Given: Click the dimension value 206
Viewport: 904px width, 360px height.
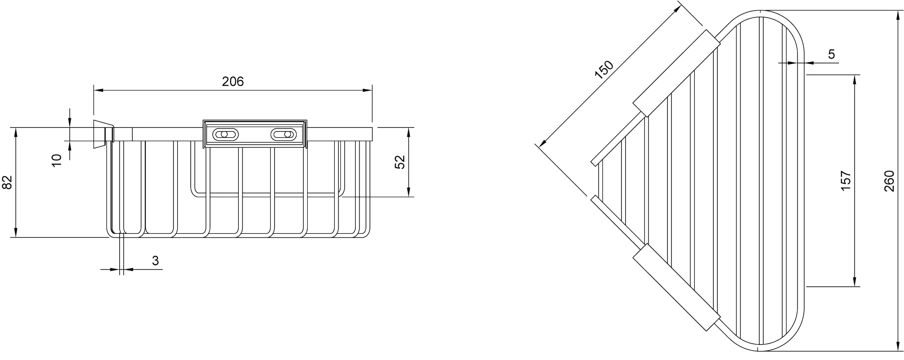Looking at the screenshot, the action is [233, 82].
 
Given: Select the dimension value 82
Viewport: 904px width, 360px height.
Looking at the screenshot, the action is [8, 182].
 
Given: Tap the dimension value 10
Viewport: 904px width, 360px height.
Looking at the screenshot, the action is [56, 160].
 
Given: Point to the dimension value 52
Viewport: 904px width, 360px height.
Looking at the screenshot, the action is [399, 161].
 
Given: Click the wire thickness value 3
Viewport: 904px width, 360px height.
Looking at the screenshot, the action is [155, 261].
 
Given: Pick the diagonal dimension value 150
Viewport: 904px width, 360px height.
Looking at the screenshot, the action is [604, 70].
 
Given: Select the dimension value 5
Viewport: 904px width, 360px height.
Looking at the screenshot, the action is [831, 54].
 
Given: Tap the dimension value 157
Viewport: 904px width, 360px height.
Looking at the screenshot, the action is [845, 181].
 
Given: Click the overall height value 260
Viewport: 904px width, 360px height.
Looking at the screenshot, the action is [889, 181].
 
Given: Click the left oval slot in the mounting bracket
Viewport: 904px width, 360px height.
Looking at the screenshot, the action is [225, 134].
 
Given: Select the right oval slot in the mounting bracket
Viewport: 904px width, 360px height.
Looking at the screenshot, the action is [283, 134].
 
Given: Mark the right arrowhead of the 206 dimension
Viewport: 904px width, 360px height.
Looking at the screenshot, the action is [367, 90].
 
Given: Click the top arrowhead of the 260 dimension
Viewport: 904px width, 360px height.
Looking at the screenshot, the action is [898, 15].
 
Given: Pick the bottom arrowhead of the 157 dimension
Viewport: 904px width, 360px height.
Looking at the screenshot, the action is [855, 281].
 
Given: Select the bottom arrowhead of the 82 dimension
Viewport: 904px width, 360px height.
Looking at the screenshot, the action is [15, 232].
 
